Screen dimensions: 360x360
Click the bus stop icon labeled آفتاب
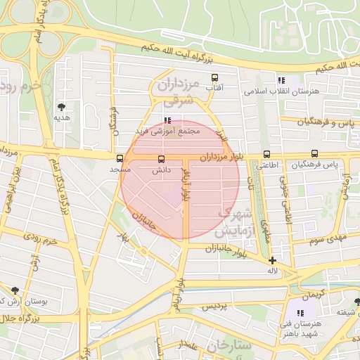pos(214,78)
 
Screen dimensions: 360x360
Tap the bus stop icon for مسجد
pos(120,159)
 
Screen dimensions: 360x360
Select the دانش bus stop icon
pos(162,160)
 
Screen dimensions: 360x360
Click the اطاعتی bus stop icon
pos(266,155)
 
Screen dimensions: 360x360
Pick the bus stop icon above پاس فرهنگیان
pos(314,154)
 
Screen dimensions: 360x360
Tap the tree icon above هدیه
pos(62,107)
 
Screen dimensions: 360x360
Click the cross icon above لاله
pos(272,260)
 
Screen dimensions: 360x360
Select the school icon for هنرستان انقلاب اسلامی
pos(282,81)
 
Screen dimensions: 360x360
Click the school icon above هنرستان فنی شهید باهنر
pos(300,312)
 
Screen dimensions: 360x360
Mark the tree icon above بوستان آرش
pos(15,290)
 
